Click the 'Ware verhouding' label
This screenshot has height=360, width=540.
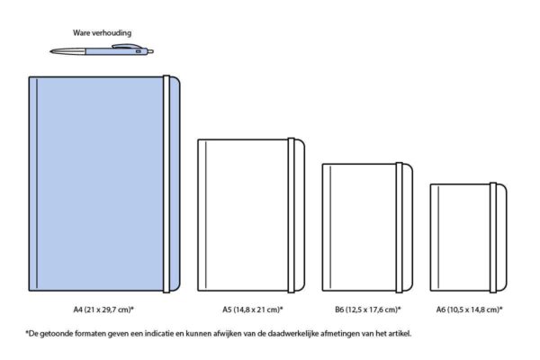(102, 33)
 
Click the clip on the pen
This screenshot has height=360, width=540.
(127, 46)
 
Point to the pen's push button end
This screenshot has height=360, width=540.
(151, 51)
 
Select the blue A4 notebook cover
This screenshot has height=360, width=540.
(100, 184)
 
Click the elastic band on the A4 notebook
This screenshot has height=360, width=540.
(166, 184)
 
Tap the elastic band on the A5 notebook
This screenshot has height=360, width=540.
(292, 215)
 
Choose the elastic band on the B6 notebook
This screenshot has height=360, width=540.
(399, 228)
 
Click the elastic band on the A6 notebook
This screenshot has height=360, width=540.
(493, 238)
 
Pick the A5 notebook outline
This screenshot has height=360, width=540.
(198, 215)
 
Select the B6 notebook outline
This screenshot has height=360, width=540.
(323, 228)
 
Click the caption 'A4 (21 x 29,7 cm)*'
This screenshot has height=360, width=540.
(103, 310)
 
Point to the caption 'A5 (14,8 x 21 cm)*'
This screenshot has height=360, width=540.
(252, 310)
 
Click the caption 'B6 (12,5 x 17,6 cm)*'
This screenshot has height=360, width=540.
(368, 310)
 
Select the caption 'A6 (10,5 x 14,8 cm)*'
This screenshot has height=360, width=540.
(470, 310)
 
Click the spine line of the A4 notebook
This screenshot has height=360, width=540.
(37, 184)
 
